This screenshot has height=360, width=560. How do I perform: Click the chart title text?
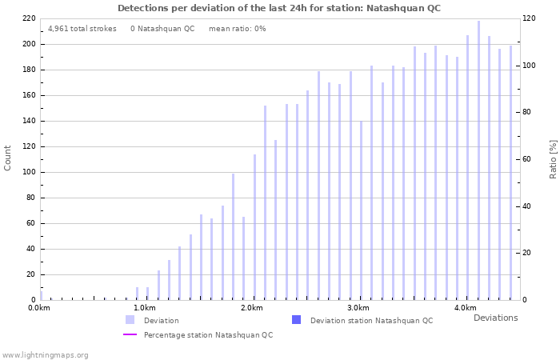[279, 8]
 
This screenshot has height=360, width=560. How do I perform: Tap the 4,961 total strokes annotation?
[82, 29]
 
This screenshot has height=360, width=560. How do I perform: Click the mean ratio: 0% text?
[237, 29]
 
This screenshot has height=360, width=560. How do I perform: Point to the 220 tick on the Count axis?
[28, 18]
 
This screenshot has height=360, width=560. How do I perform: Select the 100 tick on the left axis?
[28, 172]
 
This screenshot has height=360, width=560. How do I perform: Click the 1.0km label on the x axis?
[144, 308]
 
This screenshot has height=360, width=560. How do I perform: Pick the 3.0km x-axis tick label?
[358, 308]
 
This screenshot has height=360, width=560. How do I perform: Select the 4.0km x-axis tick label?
[465, 308]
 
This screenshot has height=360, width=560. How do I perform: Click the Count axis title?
[8, 158]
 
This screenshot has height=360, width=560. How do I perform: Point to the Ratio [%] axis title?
[553, 158]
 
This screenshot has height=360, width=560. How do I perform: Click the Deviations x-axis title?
[495, 318]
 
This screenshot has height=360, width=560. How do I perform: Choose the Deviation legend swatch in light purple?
[130, 320]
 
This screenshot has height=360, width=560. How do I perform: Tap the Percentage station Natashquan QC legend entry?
[208, 335]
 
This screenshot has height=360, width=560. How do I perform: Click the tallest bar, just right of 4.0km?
[478, 160]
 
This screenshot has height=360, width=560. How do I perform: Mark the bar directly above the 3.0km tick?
[361, 210]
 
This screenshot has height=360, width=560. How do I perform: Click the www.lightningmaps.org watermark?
[46, 355]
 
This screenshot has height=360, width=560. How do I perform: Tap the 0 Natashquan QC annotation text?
[162, 29]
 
